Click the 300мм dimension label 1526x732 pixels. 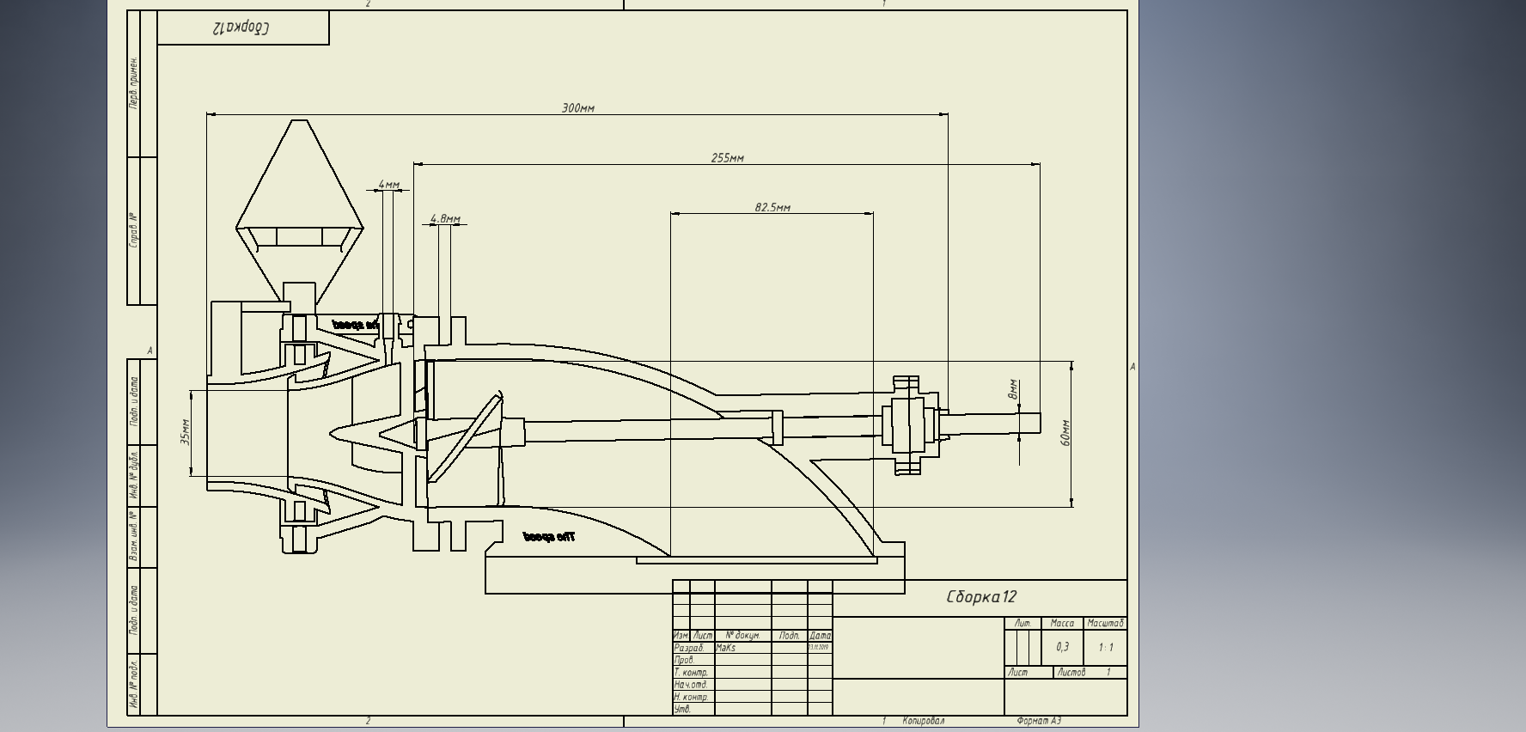[x=577, y=108]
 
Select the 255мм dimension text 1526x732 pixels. [x=727, y=158]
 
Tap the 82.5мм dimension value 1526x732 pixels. [x=772, y=208]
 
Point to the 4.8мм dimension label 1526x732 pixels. [x=444, y=219]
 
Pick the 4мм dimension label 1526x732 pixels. [x=388, y=185]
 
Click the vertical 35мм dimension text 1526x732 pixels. [x=186, y=432]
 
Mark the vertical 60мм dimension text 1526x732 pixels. [x=1065, y=433]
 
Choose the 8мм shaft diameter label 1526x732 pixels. [x=1013, y=389]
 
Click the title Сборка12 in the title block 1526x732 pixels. [x=981, y=597]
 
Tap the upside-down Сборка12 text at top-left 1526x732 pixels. [x=241, y=27]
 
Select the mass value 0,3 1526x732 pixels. [x=1062, y=647]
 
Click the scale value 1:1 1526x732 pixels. [x=1105, y=647]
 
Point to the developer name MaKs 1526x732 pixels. [x=725, y=648]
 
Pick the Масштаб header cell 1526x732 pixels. [x=1105, y=623]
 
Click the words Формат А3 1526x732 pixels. [x=1039, y=721]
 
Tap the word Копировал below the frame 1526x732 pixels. [x=923, y=721]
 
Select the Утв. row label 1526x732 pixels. [x=682, y=709]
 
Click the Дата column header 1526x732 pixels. [x=820, y=636]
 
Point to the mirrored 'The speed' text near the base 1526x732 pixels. [x=549, y=537]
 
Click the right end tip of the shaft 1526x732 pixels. [x=1039, y=423]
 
